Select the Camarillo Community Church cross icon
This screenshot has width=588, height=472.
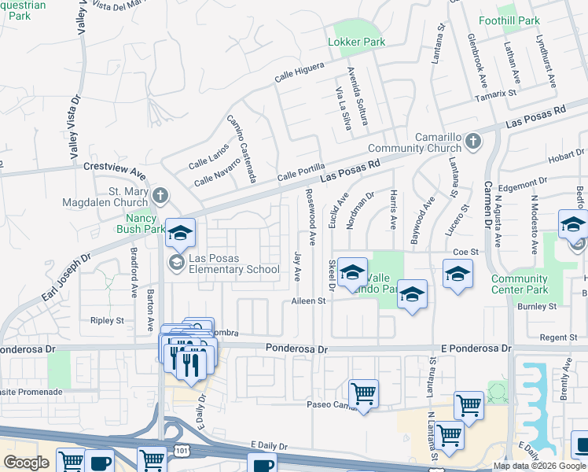pyautogui.click(x=472, y=142)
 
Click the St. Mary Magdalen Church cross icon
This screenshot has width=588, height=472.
pyautogui.click(x=160, y=195)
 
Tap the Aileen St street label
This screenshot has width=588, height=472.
pyautogui.click(x=309, y=301)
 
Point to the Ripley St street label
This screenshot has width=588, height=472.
pyautogui.click(x=108, y=321)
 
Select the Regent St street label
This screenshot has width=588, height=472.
pyautogui.click(x=559, y=337)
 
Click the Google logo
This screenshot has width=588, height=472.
pyautogui.click(x=26, y=463)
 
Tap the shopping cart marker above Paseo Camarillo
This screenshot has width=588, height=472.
pyautogui.click(x=363, y=393)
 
